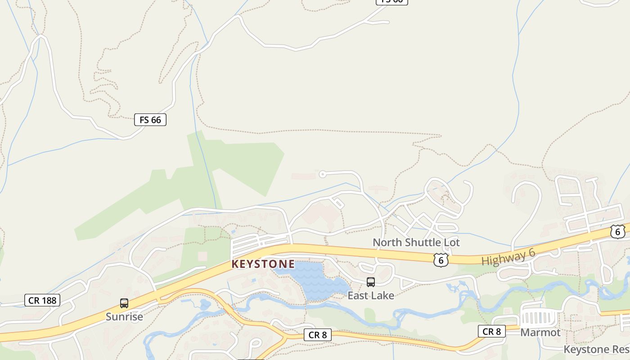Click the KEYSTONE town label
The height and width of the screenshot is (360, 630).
tap(263, 264)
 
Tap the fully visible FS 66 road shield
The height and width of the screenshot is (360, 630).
tap(150, 120)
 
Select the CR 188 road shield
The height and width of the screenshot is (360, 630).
tap(42, 300)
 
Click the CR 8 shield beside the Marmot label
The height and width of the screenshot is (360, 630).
tap(491, 332)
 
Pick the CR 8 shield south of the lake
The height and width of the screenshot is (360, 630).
tap(318, 335)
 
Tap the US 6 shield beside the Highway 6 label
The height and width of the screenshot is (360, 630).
tap(441, 260)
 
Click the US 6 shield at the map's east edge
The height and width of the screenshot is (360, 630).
tap(618, 231)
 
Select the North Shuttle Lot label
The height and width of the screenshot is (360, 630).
tap(416, 243)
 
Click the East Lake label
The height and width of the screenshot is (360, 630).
tap(371, 296)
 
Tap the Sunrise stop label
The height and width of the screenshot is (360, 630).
tap(124, 317)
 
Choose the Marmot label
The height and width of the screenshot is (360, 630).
tap(540, 333)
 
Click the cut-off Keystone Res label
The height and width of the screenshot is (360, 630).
tap(596, 350)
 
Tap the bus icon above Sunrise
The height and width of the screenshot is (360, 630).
tap(124, 303)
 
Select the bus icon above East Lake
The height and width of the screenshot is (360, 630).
tap(371, 282)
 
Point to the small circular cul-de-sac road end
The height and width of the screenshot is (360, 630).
tap(322, 174)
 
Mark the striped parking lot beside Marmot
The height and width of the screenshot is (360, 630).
tap(538, 317)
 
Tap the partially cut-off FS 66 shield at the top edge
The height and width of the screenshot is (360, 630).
tap(391, 1)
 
